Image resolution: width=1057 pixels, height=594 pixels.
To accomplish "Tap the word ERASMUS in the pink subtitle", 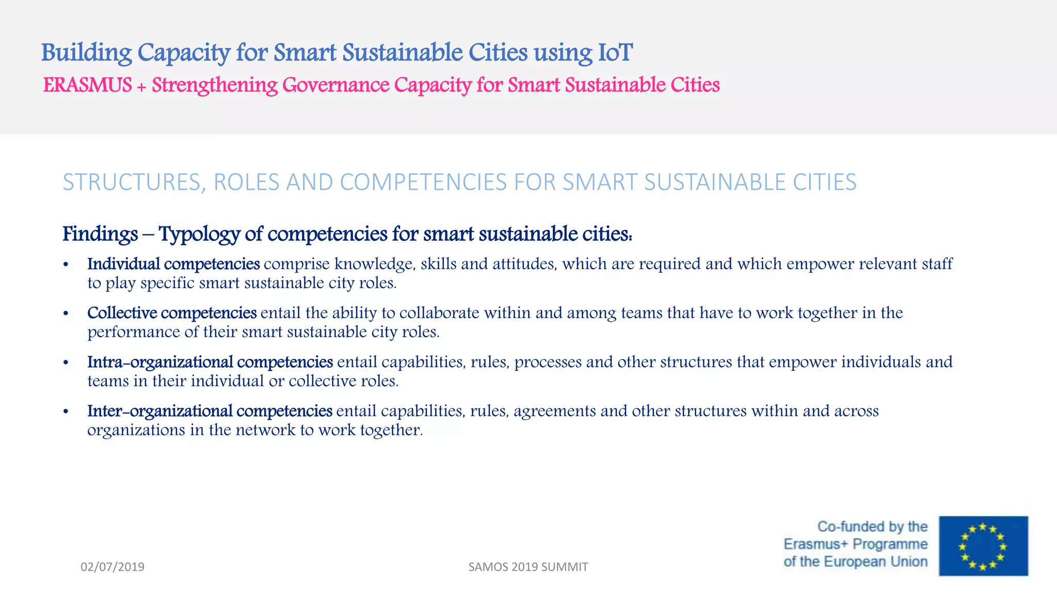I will point(87,85).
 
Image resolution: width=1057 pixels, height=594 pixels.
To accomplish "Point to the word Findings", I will point(100,234).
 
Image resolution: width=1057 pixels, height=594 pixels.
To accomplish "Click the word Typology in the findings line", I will point(199,234).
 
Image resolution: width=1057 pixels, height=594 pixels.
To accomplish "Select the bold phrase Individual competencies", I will point(173,263).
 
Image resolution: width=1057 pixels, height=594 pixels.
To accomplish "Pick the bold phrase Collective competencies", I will point(172,312).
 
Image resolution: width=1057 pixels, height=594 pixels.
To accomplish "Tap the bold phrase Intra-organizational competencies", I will point(210,361).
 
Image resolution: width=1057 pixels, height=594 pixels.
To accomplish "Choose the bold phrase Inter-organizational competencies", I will point(210,410).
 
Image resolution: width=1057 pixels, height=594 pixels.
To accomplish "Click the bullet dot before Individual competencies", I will point(66,265).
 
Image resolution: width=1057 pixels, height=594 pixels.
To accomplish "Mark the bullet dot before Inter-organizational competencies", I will point(66,411).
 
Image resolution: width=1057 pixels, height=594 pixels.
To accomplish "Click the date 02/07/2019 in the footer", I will point(113,567).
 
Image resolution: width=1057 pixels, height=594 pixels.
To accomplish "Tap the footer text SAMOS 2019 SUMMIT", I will point(528,567).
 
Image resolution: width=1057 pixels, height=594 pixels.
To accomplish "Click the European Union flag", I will point(983,546).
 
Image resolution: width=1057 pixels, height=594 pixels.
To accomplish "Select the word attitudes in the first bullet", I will point(524,263).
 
